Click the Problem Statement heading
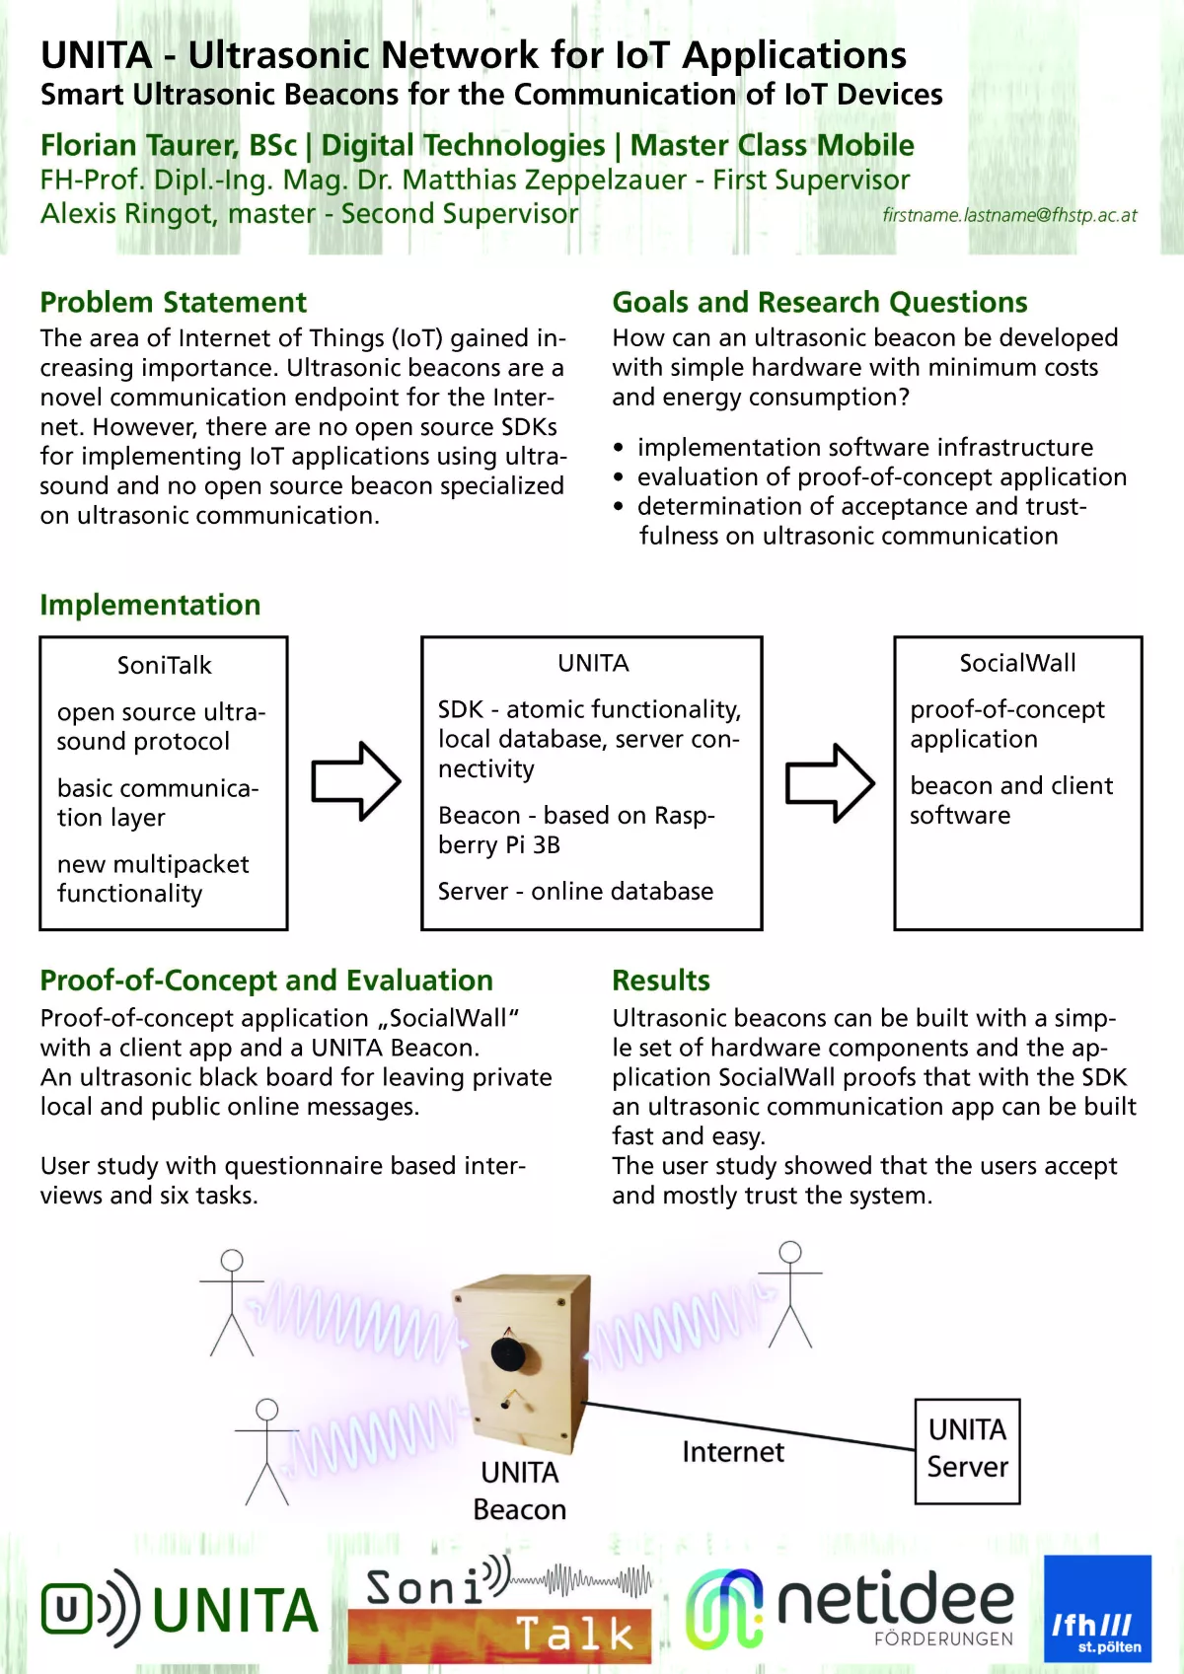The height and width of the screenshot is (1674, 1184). [173, 302]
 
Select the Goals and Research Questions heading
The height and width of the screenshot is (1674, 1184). [819, 302]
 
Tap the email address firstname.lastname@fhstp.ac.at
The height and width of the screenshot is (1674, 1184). [1008, 215]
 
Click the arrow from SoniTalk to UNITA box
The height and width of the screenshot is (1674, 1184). [355, 781]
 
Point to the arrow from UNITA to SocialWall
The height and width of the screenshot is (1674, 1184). [829, 782]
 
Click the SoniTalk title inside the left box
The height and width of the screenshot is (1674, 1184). [164, 665]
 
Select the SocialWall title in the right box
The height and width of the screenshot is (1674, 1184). [1017, 663]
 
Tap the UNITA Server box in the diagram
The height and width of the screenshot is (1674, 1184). [967, 1450]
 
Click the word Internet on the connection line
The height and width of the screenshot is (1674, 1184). [732, 1452]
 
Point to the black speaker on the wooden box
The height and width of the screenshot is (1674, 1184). [508, 1352]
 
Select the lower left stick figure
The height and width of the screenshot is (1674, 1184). [266, 1451]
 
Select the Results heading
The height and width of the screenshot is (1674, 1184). [661, 981]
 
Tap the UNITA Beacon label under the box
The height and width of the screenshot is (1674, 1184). [519, 1491]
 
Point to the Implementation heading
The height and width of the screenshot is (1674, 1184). [150, 605]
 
